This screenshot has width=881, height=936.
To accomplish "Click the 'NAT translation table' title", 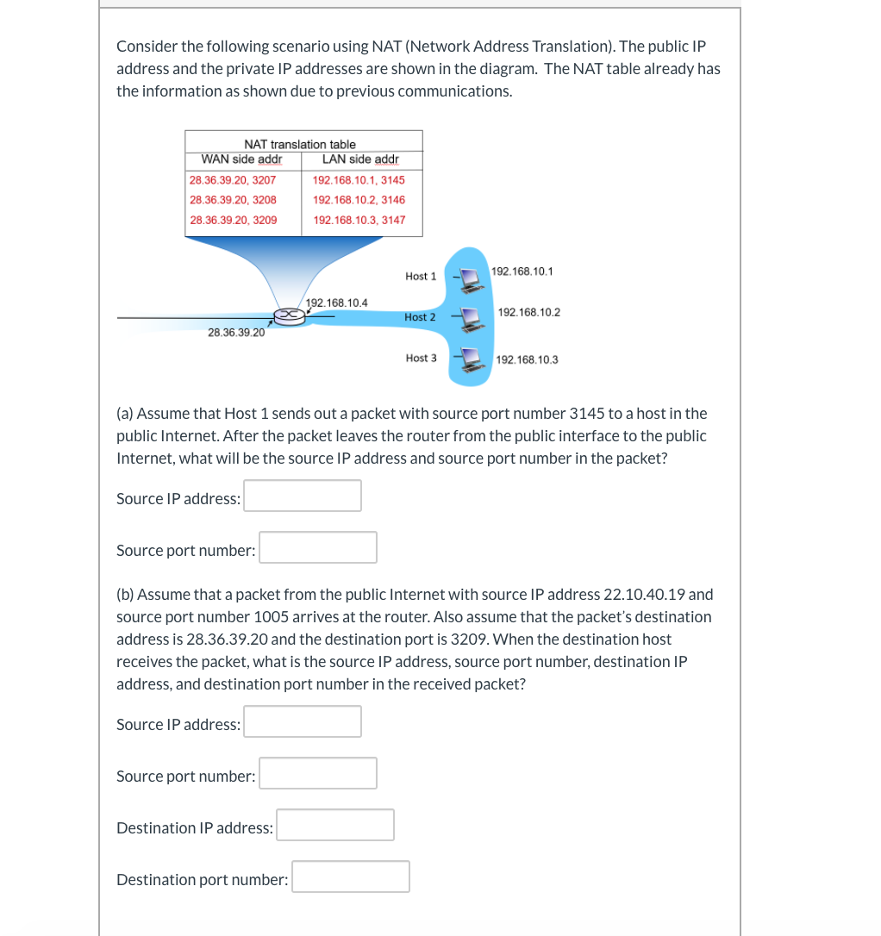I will coord(299,144).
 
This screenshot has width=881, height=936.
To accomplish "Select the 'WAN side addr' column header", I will coord(241,159).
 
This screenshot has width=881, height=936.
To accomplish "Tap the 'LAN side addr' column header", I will coord(359,159).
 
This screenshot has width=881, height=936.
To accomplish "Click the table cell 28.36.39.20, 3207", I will coord(233,180).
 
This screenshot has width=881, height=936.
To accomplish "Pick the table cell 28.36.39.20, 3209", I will coord(233,220).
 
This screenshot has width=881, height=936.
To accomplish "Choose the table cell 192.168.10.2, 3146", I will coord(359,200).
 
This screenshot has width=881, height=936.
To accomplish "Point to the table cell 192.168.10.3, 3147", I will coord(359,220).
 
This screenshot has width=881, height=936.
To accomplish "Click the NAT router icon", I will coord(290,316).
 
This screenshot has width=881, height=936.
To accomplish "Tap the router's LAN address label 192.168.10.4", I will coord(337,303).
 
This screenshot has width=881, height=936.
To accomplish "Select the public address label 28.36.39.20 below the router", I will coord(236,333).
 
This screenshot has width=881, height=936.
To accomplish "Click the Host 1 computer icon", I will coord(470,278).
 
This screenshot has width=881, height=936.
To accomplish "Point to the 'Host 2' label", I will coord(420,317).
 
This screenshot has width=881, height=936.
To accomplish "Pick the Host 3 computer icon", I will coord(470,359).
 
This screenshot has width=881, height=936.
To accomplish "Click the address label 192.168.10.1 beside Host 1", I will coord(522,271).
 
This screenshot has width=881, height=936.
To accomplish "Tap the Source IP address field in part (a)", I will coord(303,496).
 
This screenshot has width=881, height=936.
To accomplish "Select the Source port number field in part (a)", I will coord(318,547).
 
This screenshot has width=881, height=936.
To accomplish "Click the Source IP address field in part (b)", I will coord(303,721).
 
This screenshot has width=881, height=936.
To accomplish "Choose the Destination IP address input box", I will coord(335,825).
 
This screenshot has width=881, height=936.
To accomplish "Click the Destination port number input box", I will coord(350,877).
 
